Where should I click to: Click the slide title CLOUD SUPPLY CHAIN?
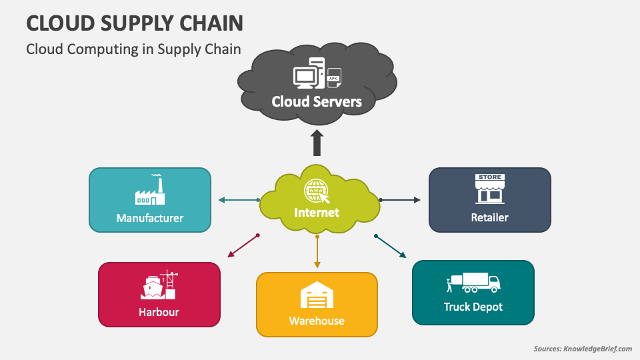[x=134, y=23]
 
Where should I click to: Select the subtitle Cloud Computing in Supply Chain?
[x=133, y=49]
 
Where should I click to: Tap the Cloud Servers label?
[x=317, y=101]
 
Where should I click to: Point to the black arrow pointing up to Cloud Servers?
[x=317, y=143]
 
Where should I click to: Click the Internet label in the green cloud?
[x=317, y=213]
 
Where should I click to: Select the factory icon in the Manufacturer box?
[x=150, y=191]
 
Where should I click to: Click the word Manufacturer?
[x=150, y=218]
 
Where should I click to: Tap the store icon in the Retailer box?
[x=489, y=189]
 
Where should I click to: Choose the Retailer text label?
[x=489, y=217]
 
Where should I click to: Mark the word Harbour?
[x=159, y=312]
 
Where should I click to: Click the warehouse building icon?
[x=317, y=295]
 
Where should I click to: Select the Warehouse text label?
[x=317, y=321]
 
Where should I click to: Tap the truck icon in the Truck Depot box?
[x=473, y=283]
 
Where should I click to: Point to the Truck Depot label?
[x=473, y=307]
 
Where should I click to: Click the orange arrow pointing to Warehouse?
[x=317, y=251]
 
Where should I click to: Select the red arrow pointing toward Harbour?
[x=243, y=246]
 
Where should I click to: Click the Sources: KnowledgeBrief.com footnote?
[x=582, y=349]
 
